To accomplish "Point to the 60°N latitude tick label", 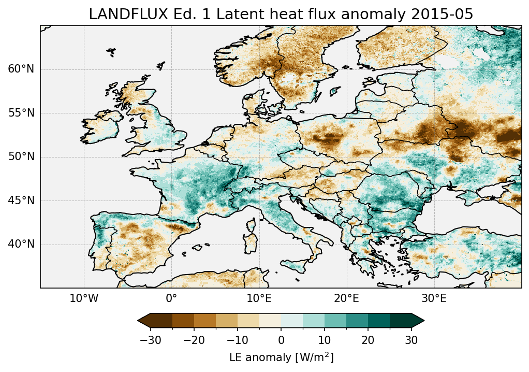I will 21,69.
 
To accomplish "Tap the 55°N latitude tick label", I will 21,113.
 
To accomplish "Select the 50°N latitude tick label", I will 21,156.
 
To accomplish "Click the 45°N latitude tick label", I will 21,201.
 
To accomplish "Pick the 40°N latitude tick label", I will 21,244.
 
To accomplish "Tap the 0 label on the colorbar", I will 281,340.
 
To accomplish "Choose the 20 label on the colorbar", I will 368,340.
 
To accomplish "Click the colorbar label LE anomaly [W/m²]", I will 281,357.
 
